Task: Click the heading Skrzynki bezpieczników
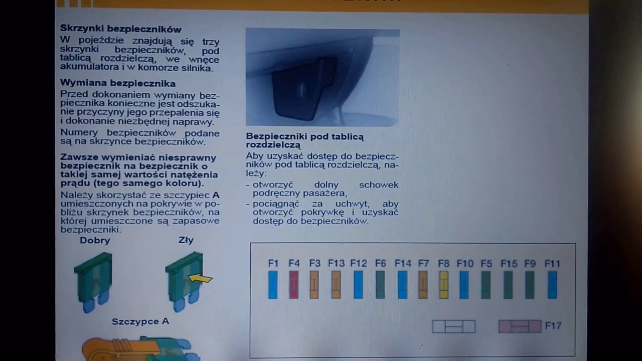[x=120, y=29]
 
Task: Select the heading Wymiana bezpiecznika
[x=118, y=83]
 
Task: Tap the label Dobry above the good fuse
[x=95, y=241]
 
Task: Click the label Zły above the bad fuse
[x=186, y=240]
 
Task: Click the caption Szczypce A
[x=140, y=321]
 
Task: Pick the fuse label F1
[x=273, y=263]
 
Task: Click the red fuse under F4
[x=293, y=285]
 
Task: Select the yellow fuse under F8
[x=443, y=285]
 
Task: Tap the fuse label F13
[x=337, y=263]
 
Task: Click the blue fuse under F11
[x=552, y=285]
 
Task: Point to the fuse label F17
[x=553, y=326]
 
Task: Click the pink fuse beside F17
[x=520, y=326]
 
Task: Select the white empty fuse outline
[x=453, y=326]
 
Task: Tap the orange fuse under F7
[x=423, y=285]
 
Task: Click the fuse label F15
[x=509, y=263]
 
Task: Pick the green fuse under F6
[x=380, y=285]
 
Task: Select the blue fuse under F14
[x=402, y=285]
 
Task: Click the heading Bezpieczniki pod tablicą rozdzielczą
[x=305, y=140]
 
